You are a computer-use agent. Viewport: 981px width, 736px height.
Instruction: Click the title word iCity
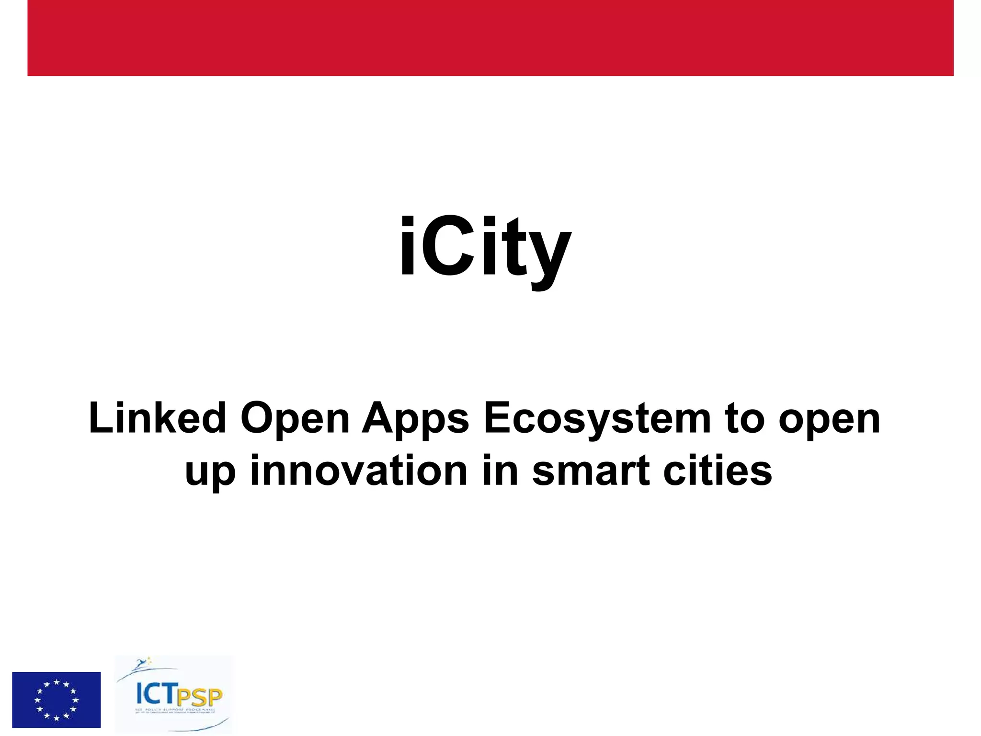485,249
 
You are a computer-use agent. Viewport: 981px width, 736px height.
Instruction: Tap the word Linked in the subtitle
157,418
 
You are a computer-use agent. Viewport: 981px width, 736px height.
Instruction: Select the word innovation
359,471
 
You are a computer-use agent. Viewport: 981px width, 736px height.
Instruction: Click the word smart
591,471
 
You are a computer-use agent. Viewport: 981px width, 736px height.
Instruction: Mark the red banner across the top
490,38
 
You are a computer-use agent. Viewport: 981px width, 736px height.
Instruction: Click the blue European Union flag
57,700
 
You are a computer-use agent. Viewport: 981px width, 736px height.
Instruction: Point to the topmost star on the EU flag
57,681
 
